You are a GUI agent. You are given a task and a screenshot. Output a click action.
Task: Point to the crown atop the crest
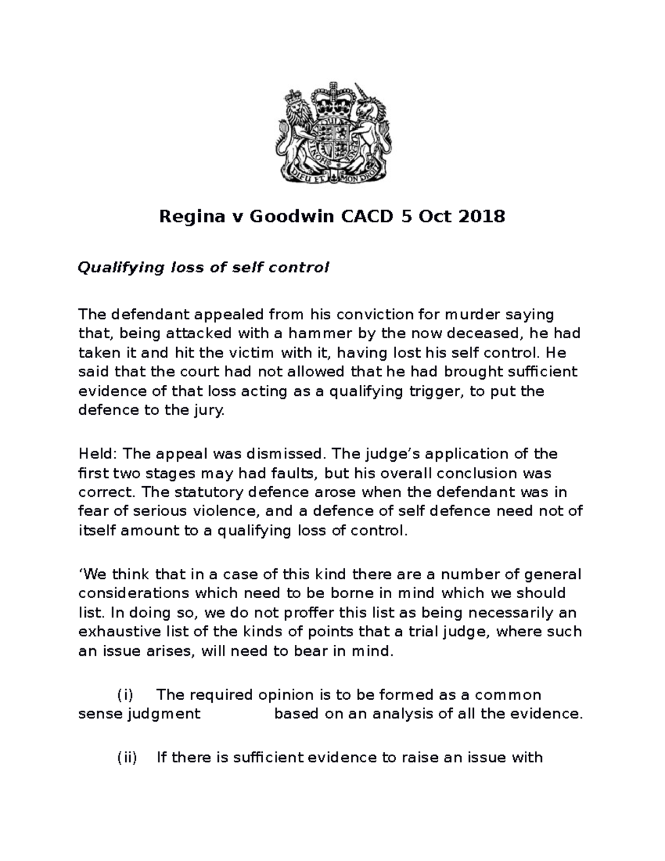(332, 100)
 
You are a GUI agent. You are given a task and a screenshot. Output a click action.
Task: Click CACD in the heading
(366, 216)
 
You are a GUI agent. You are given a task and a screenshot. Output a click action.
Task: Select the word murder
(470, 315)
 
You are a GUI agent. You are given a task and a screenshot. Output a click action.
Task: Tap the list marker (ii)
(127, 757)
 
